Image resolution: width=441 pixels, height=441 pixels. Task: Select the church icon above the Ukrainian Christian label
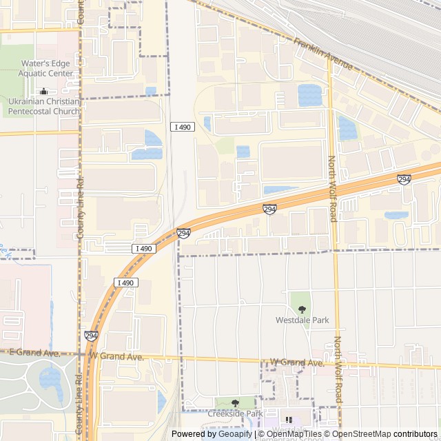[44, 91]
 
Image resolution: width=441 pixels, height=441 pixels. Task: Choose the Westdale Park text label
[302, 320]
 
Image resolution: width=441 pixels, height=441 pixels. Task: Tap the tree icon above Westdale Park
[302, 309]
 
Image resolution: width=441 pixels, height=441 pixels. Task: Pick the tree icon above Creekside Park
[235, 402]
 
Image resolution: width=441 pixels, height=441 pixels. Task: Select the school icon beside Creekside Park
[289, 420]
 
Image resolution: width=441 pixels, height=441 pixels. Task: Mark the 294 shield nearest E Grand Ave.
[91, 336]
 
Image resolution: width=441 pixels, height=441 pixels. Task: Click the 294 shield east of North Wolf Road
[404, 179]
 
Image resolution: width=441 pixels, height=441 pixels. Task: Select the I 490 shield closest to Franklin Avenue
[182, 126]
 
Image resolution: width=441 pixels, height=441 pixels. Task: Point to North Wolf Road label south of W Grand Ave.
[338, 370]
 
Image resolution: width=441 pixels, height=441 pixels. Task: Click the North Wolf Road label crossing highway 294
[333, 188]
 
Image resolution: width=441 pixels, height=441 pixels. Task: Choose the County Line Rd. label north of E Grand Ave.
[81, 207]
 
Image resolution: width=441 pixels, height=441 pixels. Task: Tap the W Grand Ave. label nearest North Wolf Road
[296, 362]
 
